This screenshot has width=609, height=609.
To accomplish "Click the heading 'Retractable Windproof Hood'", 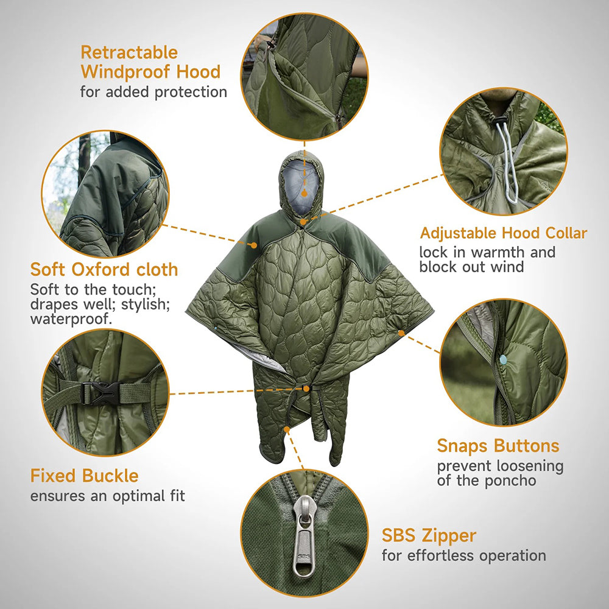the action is click(150, 62).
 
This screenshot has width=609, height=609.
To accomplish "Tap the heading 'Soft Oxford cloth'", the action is click(104, 269).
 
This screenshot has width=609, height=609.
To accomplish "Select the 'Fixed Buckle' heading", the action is click(84, 476).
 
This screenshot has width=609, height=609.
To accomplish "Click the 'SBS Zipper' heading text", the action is click(429, 536).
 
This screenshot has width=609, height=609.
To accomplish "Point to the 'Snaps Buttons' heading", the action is click(498, 446).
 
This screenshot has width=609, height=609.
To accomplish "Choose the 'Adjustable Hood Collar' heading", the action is click(504, 233).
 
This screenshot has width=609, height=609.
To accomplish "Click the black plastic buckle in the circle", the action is click(100, 393).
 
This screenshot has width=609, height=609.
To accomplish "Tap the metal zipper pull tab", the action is click(304, 537).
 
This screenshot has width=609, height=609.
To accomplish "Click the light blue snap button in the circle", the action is click(504, 359).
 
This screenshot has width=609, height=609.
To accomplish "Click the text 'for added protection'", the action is click(153, 92).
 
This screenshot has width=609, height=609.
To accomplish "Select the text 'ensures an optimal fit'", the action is click(108, 496).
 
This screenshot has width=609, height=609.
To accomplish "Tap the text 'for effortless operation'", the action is click(463, 555).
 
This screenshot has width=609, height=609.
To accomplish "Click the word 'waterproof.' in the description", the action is click(71, 319).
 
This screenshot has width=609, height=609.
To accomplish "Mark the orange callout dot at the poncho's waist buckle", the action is click(306, 389).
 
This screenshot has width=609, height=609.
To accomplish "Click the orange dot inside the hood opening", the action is click(304, 193).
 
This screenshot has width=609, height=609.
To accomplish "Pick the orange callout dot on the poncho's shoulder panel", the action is click(253, 245).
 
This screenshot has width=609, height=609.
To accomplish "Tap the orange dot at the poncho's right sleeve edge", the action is click(401, 333).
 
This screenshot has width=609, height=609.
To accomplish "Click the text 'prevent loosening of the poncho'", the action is click(500, 473).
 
